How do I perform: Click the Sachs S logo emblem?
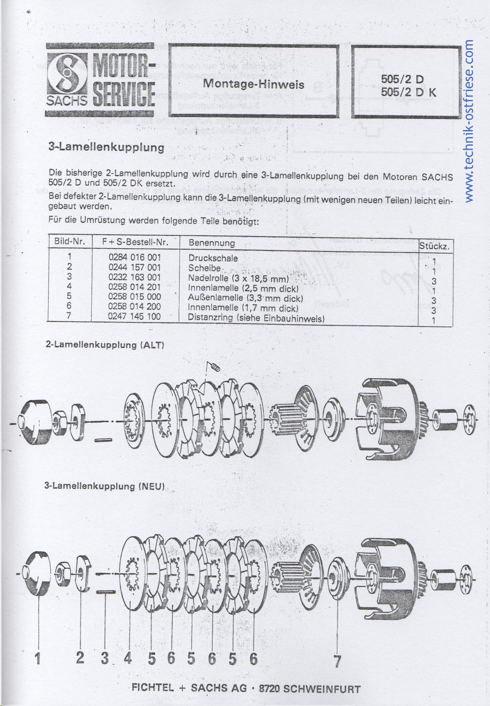point(68,74)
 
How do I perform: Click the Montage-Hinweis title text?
point(253,84)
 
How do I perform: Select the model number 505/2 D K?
point(408,92)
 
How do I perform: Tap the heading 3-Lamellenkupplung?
point(106,147)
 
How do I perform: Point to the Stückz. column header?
point(435,246)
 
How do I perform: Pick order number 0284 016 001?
point(134,257)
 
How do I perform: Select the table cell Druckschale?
point(213,258)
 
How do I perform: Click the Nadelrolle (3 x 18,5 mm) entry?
point(239,278)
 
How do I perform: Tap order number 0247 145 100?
point(134,316)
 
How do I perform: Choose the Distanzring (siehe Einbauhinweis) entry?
point(256,318)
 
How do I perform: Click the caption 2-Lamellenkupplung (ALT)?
point(104,344)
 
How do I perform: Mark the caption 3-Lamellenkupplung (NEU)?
point(104,486)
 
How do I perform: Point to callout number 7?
point(337,661)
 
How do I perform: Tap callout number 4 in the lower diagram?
point(128,658)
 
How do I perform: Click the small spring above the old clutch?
point(215,367)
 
